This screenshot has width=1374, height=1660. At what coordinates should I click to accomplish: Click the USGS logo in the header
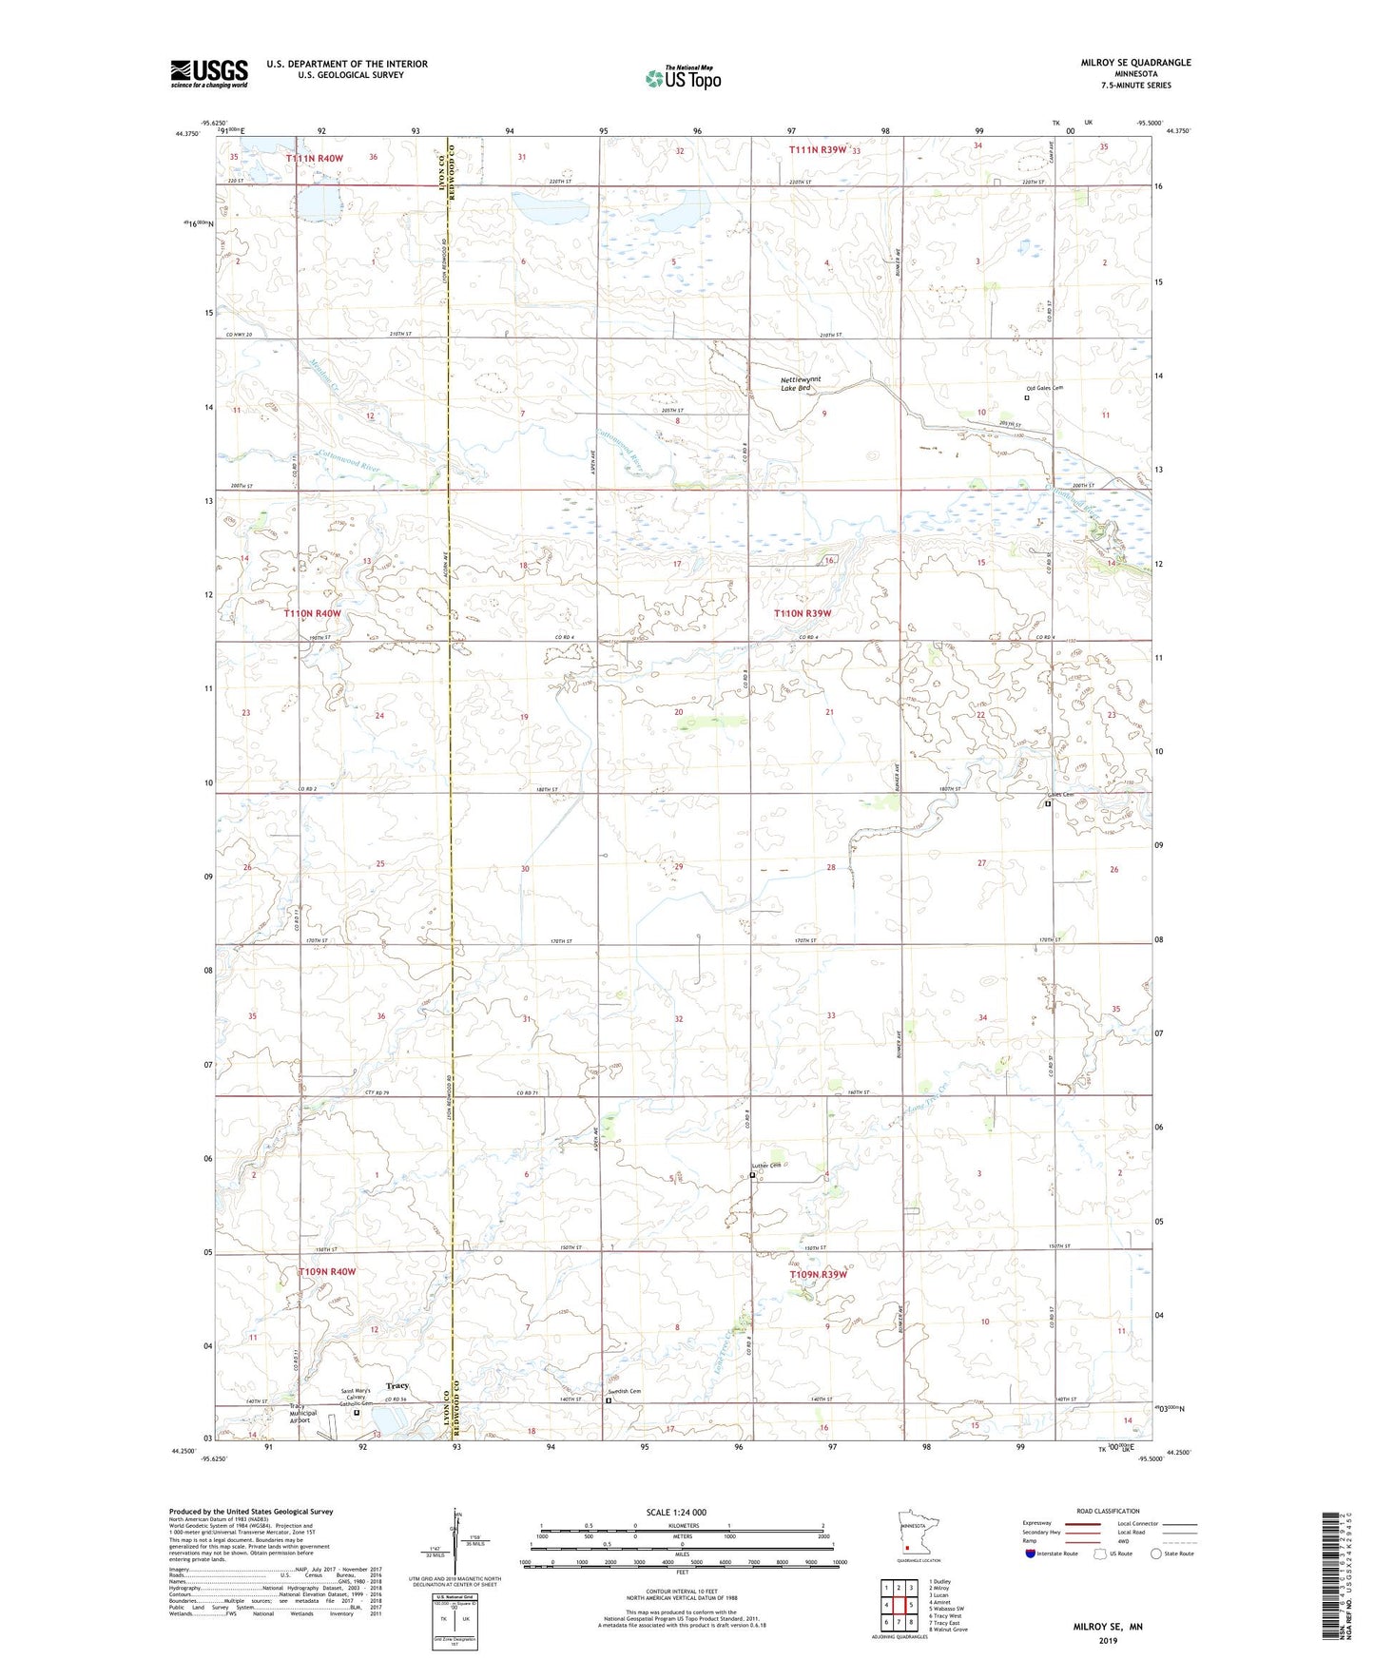(x=208, y=73)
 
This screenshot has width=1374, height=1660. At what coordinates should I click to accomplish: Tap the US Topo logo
(x=683, y=78)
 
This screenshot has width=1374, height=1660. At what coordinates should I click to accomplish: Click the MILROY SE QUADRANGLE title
(x=1135, y=63)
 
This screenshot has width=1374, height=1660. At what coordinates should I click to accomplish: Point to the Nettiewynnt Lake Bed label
(x=801, y=383)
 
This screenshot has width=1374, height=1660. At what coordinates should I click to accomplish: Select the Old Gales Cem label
(x=1044, y=388)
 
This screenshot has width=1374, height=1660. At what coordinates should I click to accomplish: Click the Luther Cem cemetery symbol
(x=752, y=1175)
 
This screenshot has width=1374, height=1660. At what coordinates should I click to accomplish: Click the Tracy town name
(x=397, y=1385)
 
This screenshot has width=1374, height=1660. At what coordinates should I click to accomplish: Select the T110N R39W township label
(x=803, y=613)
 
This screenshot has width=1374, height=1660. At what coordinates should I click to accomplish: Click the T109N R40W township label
(x=327, y=1271)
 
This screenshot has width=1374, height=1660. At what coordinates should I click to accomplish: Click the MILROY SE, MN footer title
(x=1108, y=1627)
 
